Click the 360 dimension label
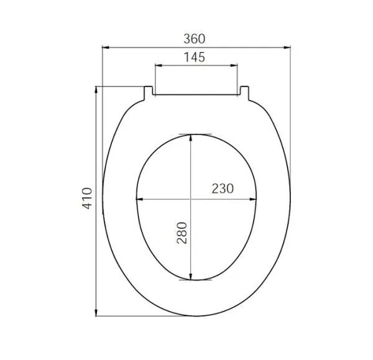pyautogui.click(x=194, y=37)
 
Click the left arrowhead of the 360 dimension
pyautogui.click(x=104, y=47)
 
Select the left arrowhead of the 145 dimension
pyautogui.click(x=156, y=65)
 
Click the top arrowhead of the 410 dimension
pyautogui.click(x=96, y=89)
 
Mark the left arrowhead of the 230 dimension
pyautogui.click(x=139, y=200)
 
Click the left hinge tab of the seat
pyautogui.click(x=149, y=91)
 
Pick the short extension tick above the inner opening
pyautogui.click(x=194, y=133)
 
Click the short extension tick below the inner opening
pyautogui.click(x=194, y=280)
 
